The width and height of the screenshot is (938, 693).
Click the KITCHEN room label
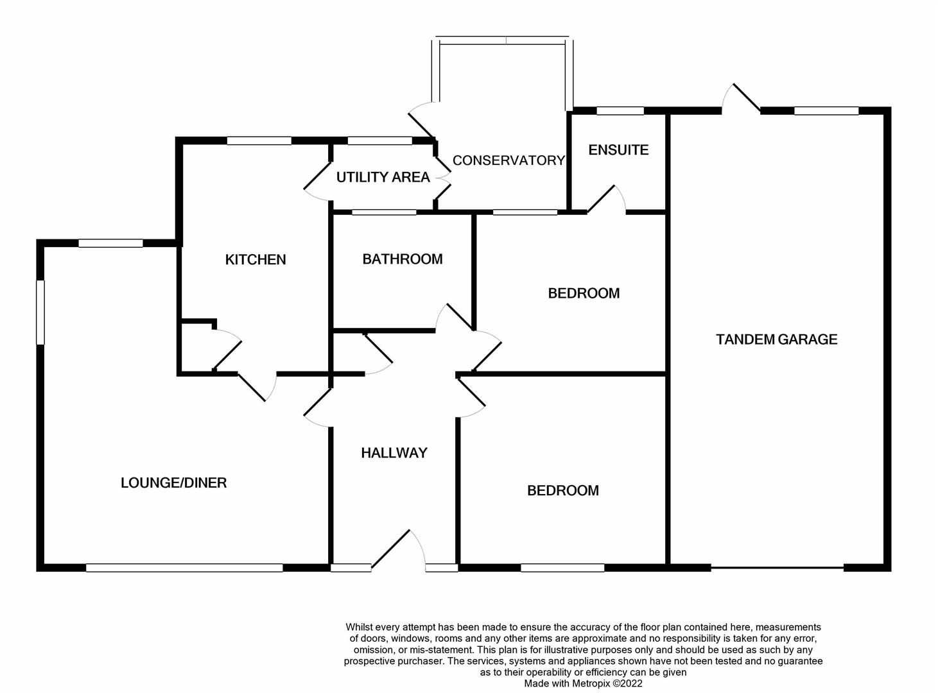256,260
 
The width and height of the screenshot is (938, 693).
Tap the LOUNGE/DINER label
173,483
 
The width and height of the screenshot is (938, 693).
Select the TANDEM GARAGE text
776,339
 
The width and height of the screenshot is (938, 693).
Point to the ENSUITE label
618,150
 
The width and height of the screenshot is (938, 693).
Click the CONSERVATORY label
508,160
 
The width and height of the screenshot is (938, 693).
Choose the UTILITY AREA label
383,178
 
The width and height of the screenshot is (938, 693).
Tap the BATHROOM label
403,259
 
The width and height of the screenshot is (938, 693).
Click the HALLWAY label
394,453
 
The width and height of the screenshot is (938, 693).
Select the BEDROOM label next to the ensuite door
584,293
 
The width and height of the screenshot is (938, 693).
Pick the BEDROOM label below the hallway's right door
562,491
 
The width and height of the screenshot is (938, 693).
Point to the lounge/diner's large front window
184,568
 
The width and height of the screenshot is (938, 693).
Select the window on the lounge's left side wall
40,312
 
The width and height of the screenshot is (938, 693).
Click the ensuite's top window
620,111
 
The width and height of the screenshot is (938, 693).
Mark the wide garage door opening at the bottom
777,568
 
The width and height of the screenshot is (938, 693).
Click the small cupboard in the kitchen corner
196,347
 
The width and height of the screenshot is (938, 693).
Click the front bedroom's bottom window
562,568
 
